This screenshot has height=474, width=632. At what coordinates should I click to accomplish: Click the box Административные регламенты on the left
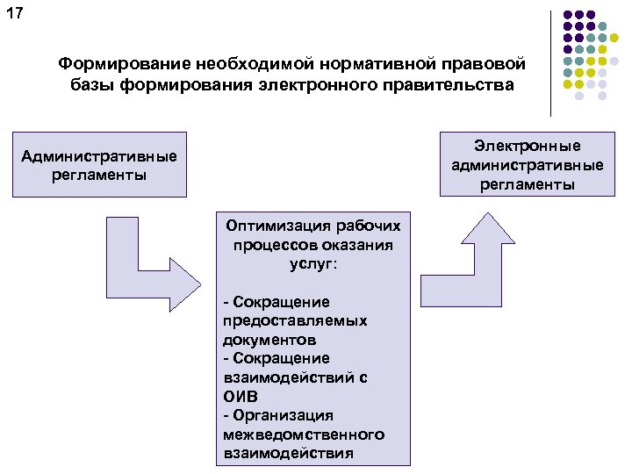pyautogui.click(x=99, y=164)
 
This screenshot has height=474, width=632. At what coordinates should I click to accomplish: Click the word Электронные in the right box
pyautogui.click(x=527, y=145)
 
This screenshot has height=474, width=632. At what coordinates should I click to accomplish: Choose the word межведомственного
pyautogui.click(x=304, y=434)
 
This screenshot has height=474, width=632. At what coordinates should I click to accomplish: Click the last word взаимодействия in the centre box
pyautogui.click(x=289, y=453)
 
